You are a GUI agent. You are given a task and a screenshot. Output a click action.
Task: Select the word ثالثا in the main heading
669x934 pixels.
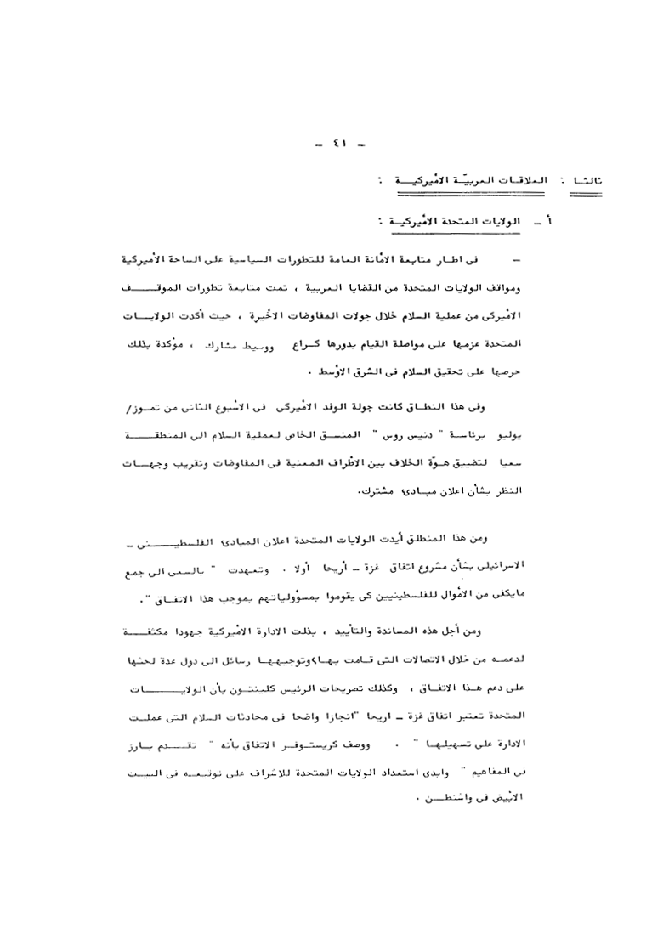click(587, 182)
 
